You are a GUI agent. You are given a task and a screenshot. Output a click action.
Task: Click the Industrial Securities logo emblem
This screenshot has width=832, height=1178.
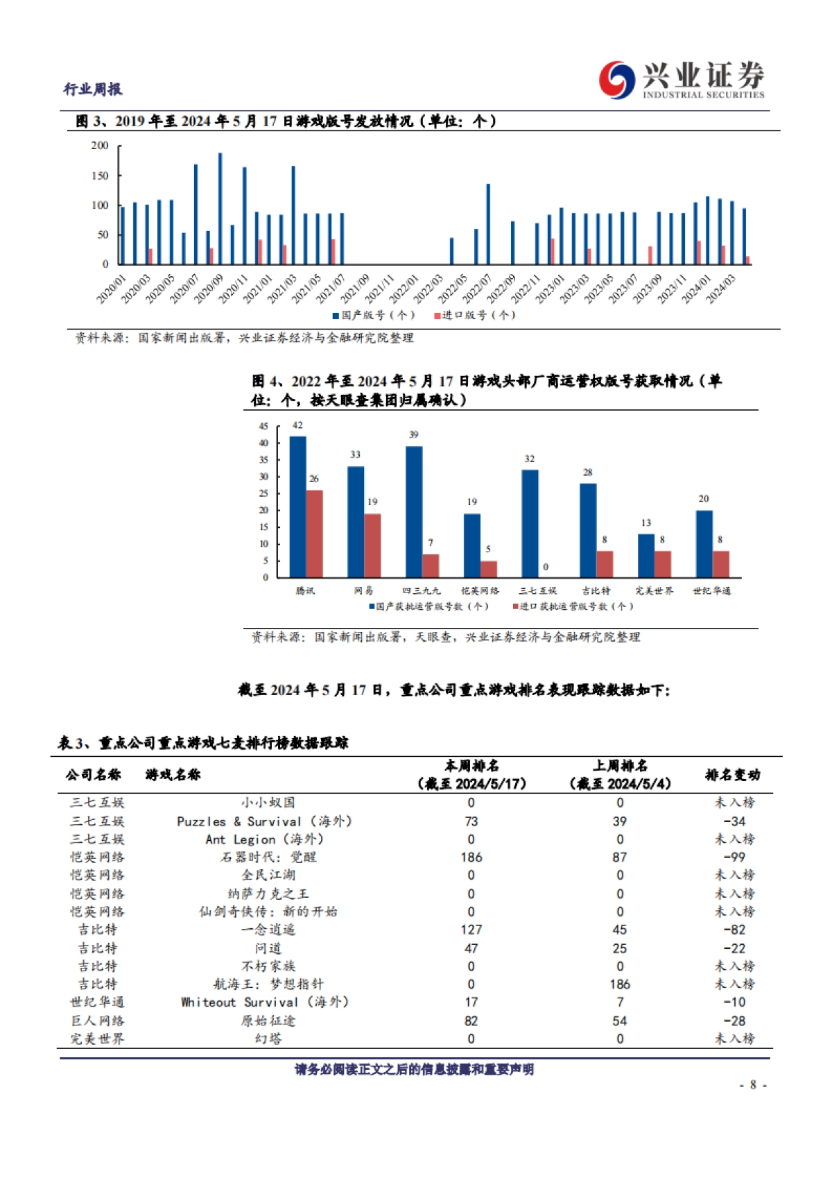(x=616, y=80)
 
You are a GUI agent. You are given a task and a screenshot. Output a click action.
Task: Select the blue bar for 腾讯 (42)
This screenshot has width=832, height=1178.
(x=297, y=506)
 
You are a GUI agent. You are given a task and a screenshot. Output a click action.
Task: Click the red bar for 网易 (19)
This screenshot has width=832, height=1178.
(x=372, y=545)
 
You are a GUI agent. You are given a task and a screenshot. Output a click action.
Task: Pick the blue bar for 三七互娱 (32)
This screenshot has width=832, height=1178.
(x=530, y=523)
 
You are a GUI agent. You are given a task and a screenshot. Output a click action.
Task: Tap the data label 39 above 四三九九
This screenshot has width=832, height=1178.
(x=413, y=434)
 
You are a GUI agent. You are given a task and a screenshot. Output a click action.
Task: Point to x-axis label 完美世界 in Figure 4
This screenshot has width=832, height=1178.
(x=654, y=590)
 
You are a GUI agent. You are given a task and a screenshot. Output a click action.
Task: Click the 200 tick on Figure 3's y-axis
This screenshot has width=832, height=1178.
(x=100, y=146)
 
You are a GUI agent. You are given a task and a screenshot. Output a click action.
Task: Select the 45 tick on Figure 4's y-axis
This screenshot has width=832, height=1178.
(x=263, y=426)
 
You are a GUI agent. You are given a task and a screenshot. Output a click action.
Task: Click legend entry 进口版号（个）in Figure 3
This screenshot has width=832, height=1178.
(x=475, y=315)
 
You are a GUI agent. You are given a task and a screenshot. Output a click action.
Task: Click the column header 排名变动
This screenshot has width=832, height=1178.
(x=732, y=774)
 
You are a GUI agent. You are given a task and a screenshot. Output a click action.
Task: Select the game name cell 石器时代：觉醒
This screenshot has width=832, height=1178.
(x=268, y=857)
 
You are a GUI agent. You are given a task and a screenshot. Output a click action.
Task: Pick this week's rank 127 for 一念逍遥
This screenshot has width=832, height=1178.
(x=471, y=930)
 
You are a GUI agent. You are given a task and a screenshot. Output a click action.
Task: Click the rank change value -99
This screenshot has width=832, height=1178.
(x=734, y=857)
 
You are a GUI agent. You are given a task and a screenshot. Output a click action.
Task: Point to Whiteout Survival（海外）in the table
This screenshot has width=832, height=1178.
(x=264, y=1002)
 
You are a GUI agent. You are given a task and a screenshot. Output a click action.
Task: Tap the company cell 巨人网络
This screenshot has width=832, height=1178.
(x=97, y=1021)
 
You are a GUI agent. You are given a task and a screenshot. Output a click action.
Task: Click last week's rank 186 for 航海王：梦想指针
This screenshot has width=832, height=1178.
(x=619, y=984)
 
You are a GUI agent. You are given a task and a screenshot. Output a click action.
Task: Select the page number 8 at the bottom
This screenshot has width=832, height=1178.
(x=753, y=1084)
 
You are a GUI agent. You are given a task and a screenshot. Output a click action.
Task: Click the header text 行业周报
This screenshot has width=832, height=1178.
(x=93, y=89)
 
